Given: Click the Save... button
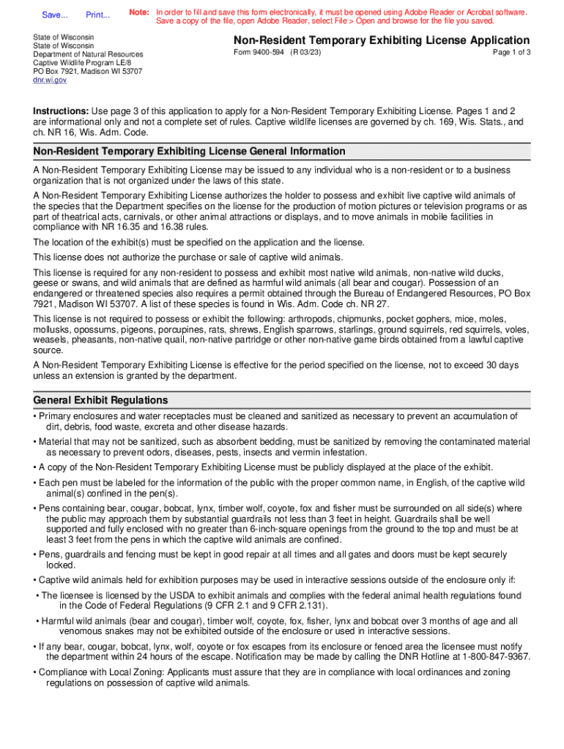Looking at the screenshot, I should click(x=54, y=15).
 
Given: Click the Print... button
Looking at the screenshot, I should click(x=97, y=15).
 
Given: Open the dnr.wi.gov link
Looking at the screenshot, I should click(x=50, y=80).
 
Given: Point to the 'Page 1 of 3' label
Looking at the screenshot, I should click(x=511, y=53).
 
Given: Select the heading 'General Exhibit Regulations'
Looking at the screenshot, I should click(x=101, y=400).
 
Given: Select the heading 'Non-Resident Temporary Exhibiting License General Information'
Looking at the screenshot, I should click(x=189, y=151).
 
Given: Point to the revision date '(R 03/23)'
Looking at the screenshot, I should click(x=305, y=53).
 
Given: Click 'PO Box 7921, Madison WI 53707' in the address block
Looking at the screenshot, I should click(x=88, y=72).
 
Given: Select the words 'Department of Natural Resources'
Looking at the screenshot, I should click(x=88, y=54).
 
